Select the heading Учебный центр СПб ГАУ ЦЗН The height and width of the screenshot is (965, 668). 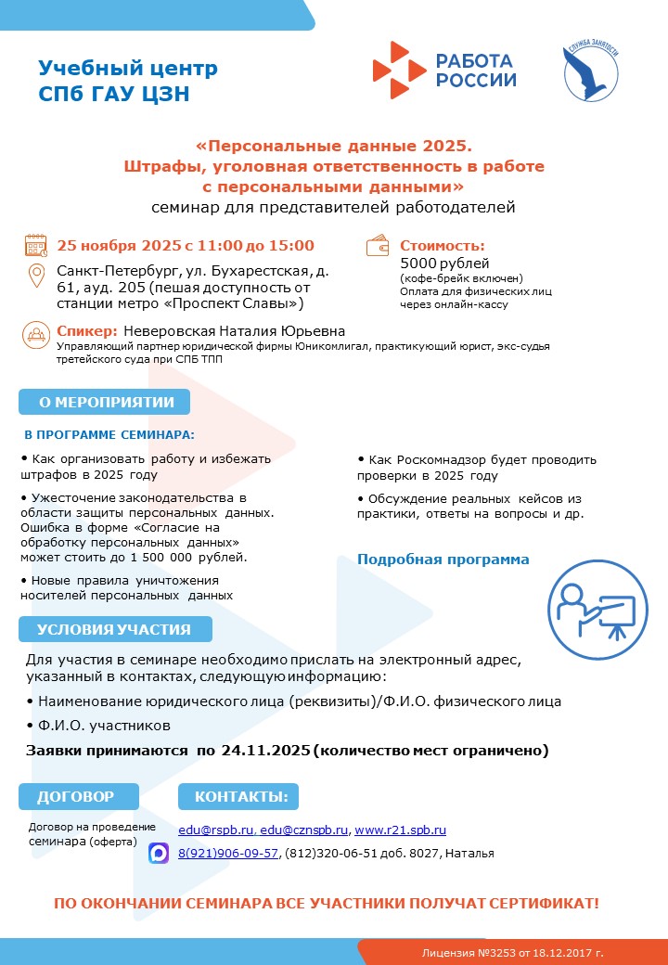128,81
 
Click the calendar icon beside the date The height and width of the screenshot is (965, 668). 36,246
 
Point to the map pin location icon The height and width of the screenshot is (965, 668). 37,277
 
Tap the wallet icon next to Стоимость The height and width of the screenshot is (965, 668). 379,247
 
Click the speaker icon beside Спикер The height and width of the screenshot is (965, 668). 36,333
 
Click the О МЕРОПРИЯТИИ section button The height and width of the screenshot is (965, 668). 105,401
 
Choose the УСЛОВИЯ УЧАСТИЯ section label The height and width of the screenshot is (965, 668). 114,629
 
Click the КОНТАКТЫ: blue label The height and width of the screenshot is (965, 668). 240,796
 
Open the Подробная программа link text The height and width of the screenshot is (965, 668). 443,560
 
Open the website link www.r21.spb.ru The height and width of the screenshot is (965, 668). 400,830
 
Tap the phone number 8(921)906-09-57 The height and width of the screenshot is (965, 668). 228,853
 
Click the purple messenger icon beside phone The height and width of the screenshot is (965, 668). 159,853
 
